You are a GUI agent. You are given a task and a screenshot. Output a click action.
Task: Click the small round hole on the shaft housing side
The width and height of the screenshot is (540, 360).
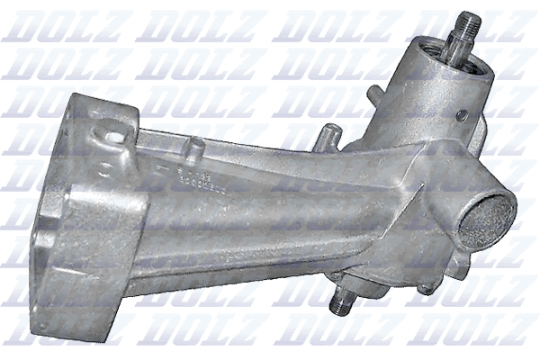pos(461,115)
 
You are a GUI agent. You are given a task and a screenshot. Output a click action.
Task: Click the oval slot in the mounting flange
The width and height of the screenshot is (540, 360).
pos(114,135)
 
